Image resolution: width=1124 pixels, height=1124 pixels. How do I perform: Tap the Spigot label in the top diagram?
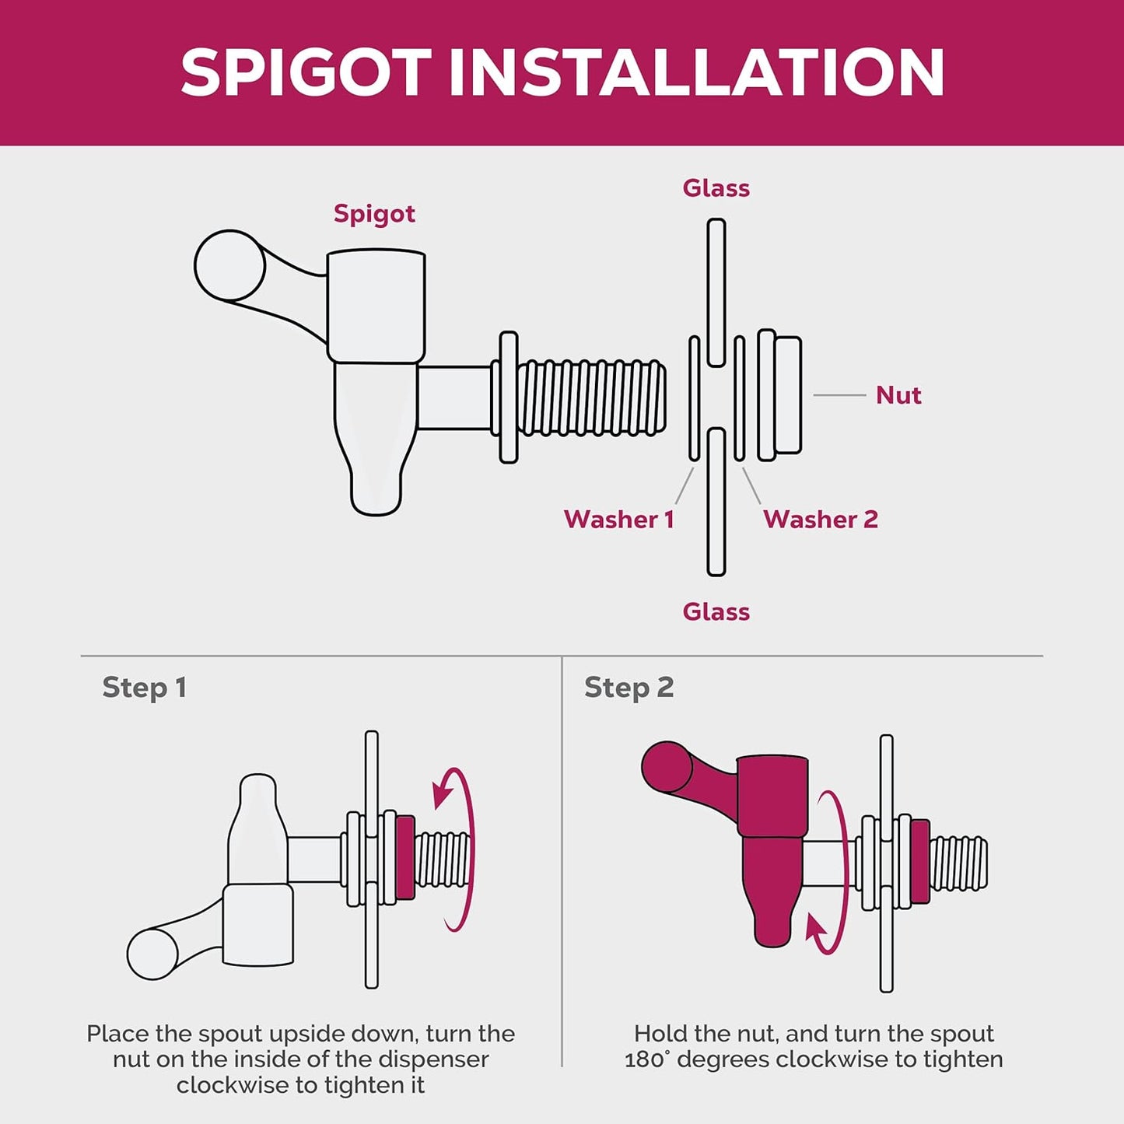tap(374, 215)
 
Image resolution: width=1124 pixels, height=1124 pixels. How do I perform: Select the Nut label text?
tap(898, 395)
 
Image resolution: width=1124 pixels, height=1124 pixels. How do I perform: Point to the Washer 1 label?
tap(619, 519)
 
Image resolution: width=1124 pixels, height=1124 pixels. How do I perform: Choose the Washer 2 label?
tap(820, 519)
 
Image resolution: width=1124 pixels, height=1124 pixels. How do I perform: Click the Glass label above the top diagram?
tap(716, 188)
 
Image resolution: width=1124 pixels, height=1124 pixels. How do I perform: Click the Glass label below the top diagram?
tap(716, 612)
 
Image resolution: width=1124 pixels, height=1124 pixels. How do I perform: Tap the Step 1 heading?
tap(144, 688)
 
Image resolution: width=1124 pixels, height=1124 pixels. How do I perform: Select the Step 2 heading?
tap(629, 688)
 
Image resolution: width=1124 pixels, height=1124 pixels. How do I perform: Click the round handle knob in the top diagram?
tap(229, 265)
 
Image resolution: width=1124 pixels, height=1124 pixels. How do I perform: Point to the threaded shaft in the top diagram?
tap(591, 397)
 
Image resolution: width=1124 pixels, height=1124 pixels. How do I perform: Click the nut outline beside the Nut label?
tap(780, 395)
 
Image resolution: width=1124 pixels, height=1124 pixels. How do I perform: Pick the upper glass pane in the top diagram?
tap(716, 292)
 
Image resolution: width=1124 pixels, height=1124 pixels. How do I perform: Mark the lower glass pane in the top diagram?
tap(716, 502)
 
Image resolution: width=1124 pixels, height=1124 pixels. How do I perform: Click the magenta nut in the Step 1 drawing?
tap(405, 857)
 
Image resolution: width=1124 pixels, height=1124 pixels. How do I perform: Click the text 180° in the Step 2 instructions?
tap(647, 1060)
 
